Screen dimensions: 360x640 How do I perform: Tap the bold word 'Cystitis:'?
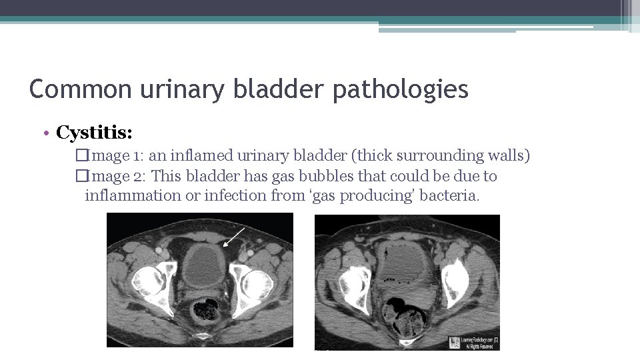pyautogui.click(x=94, y=133)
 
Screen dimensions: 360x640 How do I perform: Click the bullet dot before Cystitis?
pyautogui.click(x=49, y=133)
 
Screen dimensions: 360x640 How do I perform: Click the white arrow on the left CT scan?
pyautogui.click(x=233, y=236)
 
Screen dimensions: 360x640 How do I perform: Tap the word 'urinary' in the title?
pyautogui.click(x=181, y=89)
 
